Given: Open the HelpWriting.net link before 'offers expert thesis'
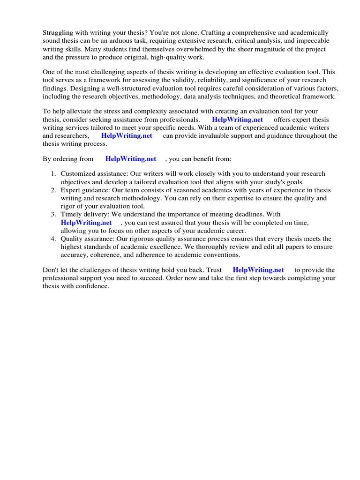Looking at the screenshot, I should pyautogui.click(x=238, y=120).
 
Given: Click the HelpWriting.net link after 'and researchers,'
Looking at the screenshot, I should pyautogui.click(x=127, y=135).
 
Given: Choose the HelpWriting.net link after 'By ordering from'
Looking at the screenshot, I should pyautogui.click(x=130, y=159).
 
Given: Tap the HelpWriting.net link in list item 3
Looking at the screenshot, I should pyautogui.click(x=86, y=223).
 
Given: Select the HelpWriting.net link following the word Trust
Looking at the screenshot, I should pyautogui.click(x=258, y=270).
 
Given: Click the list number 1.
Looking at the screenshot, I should pyautogui.click(x=53, y=174).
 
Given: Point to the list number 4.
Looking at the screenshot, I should pyautogui.click(x=53, y=239).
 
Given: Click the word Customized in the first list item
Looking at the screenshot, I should pyautogui.click(x=78, y=174).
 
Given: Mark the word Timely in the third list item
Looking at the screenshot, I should pyautogui.click(x=70, y=214).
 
